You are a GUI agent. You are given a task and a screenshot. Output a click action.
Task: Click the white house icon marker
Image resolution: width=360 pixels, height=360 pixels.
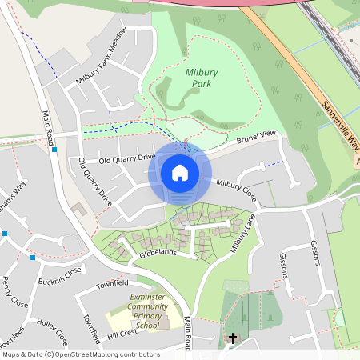coord(179,172)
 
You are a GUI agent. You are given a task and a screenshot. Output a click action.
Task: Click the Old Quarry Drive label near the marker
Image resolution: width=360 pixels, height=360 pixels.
coord(126,158)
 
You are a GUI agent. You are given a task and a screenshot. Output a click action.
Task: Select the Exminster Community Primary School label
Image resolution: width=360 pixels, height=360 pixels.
coord(146,312)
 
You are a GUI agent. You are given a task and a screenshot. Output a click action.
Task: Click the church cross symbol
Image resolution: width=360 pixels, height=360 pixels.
coord(233,338)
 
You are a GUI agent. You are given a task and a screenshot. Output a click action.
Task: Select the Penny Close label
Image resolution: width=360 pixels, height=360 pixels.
coord(15,294)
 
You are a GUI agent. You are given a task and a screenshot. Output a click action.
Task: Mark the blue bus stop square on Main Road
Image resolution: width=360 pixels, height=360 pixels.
coord(54,149)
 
